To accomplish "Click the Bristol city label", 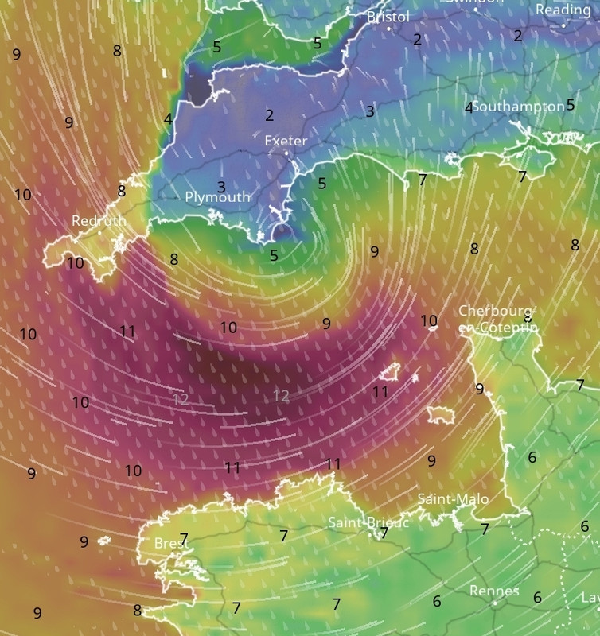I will tap(388, 17).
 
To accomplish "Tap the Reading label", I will tap(563, 10).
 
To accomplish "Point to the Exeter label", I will tap(285, 141).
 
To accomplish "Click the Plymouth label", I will tap(217, 196).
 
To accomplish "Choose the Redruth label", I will tap(98, 220).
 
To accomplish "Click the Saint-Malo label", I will tap(453, 498).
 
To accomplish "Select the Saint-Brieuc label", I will tap(368, 522).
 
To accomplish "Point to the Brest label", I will tap(169, 543).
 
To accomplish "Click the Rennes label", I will tap(494, 591).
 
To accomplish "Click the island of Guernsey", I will tap(390, 371).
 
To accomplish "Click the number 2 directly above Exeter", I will tap(269, 115).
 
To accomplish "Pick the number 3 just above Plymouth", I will tap(221, 187).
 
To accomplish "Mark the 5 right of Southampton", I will tap(571, 105).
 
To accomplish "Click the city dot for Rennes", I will tap(494, 603).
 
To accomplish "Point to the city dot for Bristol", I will tap(389, 29).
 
